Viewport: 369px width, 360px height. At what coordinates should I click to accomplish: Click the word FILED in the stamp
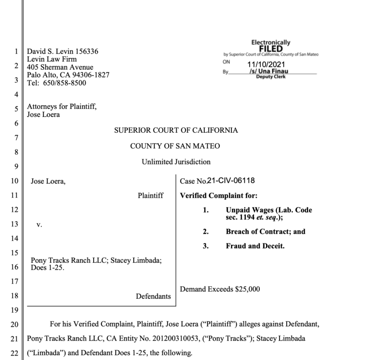pyautogui.click(x=270, y=49)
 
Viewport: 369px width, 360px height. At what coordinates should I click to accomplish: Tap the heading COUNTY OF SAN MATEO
pyautogui.click(x=175, y=146)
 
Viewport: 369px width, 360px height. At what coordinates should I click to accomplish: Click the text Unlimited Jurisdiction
pyautogui.click(x=176, y=162)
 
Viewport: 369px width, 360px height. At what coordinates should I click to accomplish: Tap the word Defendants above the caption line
pyautogui.click(x=153, y=296)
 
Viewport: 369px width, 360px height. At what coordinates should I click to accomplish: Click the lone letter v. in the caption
pyautogui.click(x=39, y=225)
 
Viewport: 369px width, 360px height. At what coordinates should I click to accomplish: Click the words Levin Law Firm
pyautogui.click(x=52, y=59)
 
